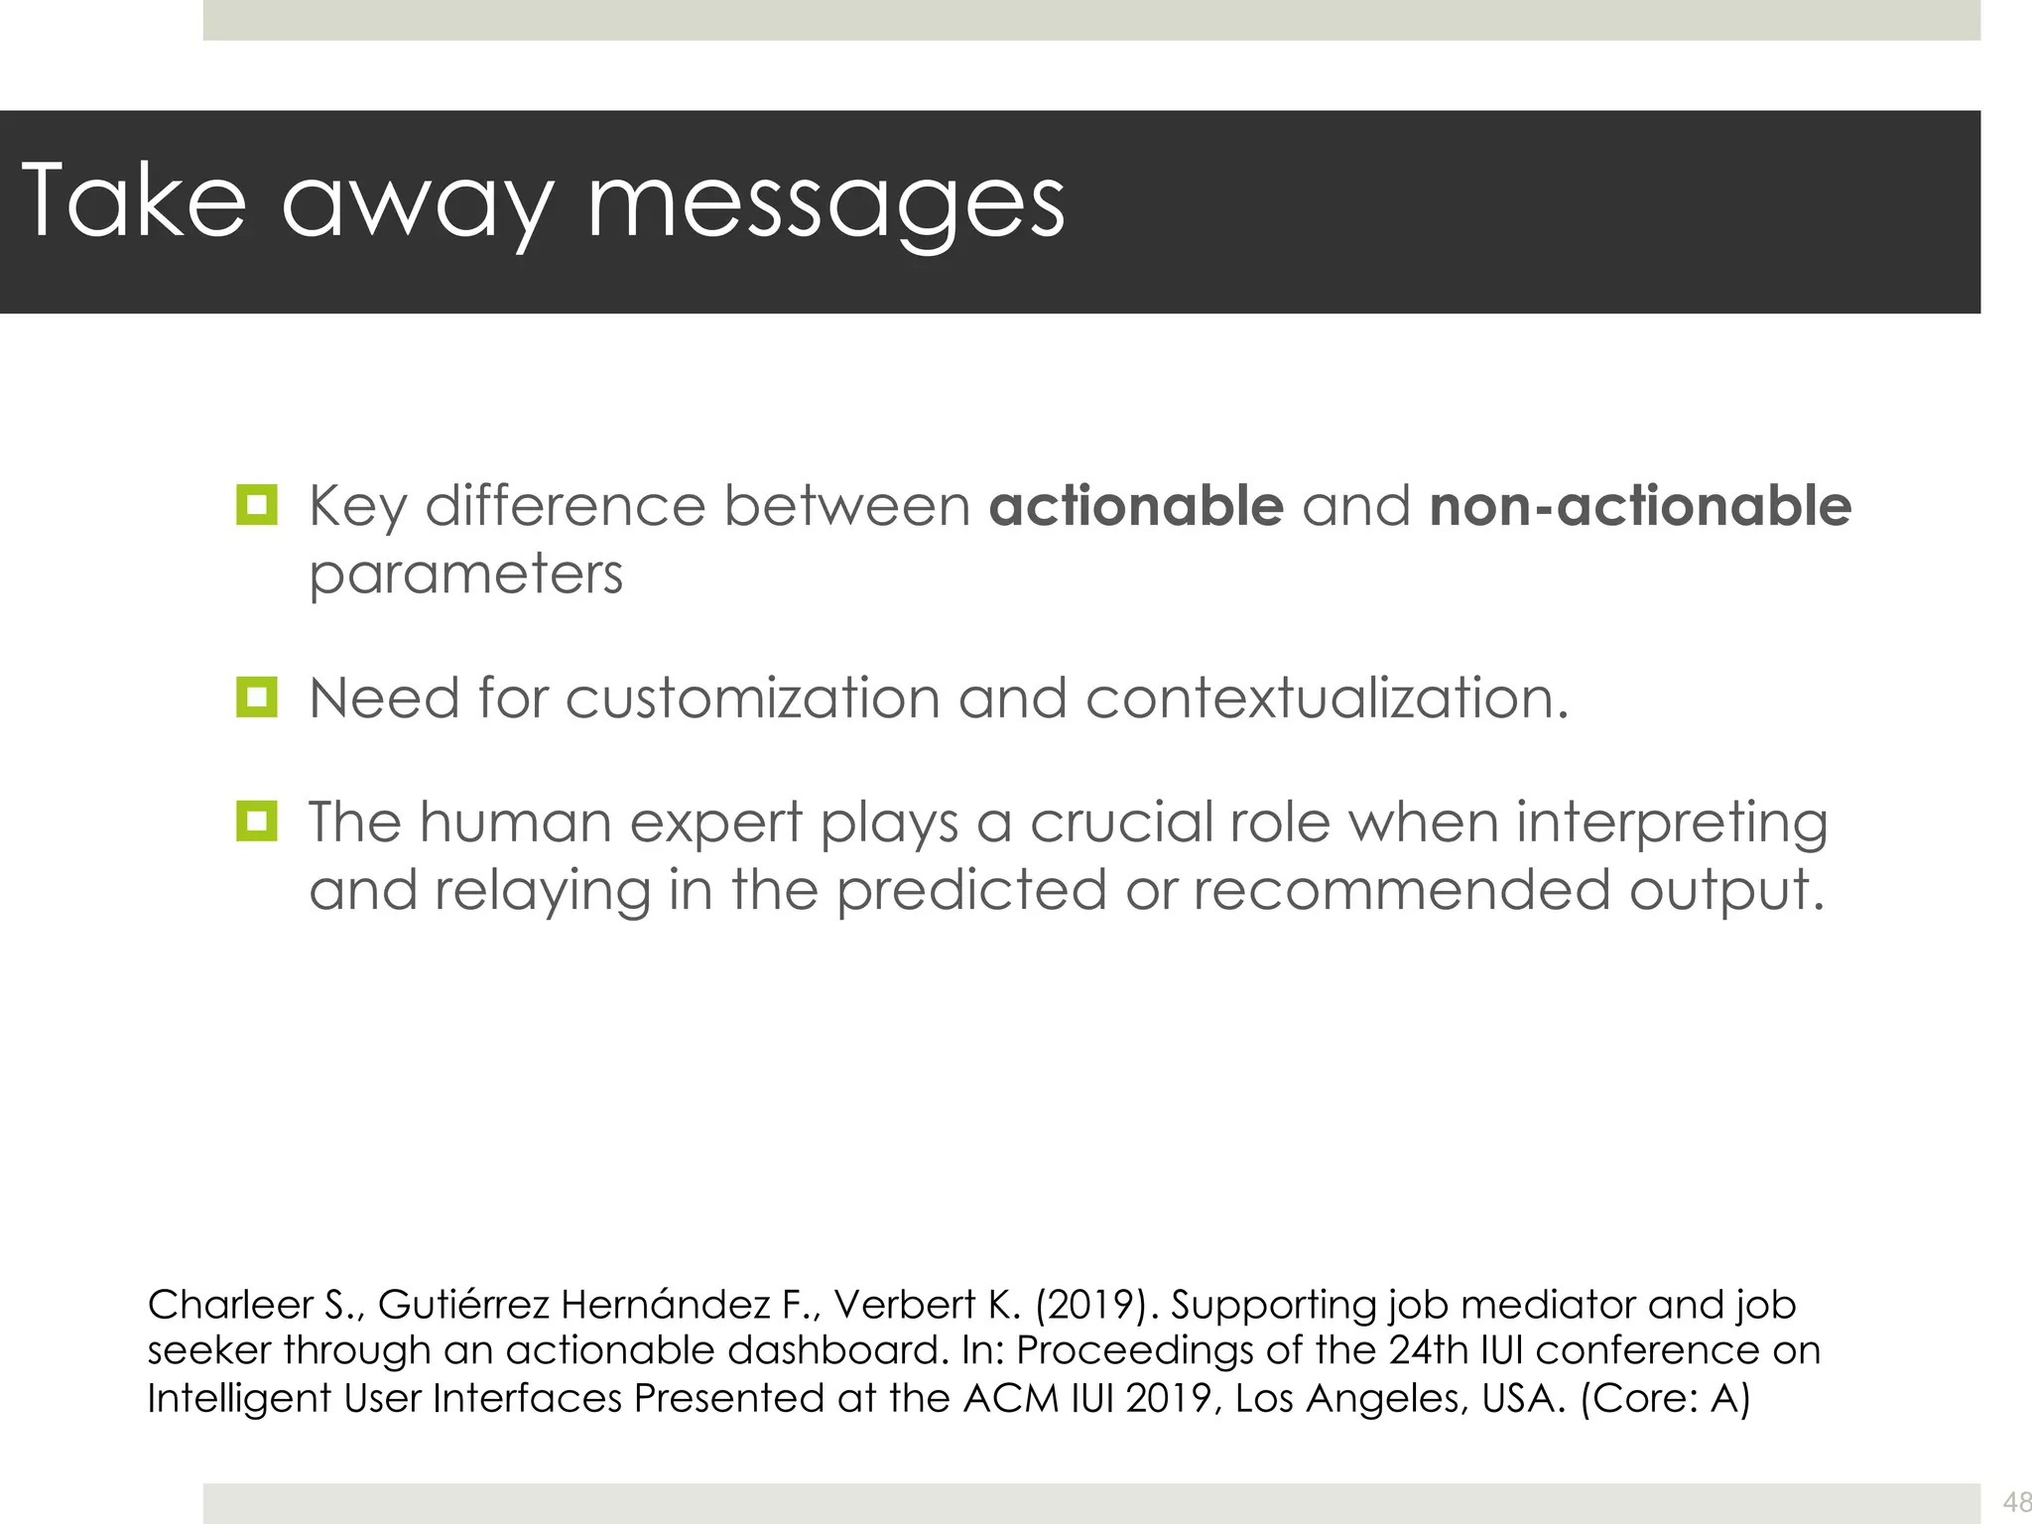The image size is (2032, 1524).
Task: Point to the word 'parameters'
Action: (465, 574)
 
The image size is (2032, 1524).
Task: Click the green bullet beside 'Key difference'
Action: (257, 505)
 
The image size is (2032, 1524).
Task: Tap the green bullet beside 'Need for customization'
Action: (257, 698)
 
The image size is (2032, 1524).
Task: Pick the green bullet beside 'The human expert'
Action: (257, 822)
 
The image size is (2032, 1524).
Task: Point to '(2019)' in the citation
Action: (1095, 1304)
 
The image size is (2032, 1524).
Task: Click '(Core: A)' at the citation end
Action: (1665, 1398)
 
